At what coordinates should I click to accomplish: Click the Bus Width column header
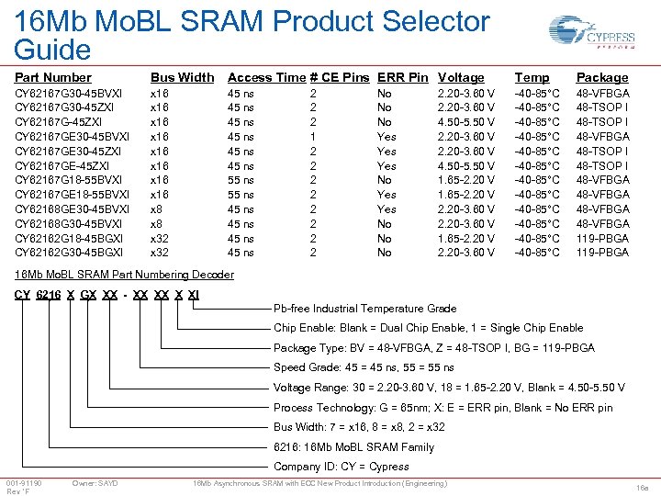pos(182,78)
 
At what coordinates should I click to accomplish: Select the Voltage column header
pos(461,78)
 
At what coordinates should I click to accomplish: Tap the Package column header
pos(602,78)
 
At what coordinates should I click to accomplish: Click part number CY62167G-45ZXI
pos(58,122)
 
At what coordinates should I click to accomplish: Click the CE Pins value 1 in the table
pos(313,137)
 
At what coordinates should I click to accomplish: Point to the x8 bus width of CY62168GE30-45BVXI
pos(157,209)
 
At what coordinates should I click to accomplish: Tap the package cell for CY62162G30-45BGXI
pos(602,253)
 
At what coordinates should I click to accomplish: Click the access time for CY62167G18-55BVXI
pos(241,180)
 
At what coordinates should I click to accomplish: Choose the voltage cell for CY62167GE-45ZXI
pos(466,166)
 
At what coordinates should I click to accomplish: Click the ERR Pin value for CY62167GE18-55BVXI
pos(387,195)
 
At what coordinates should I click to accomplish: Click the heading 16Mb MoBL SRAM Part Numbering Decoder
pos(124,275)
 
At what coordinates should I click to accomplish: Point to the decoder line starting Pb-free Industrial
pos(364,309)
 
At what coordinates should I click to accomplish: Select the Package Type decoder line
pos(434,348)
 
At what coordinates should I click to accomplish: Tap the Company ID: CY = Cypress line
pos(342,467)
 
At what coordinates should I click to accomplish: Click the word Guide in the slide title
pos(53,50)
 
